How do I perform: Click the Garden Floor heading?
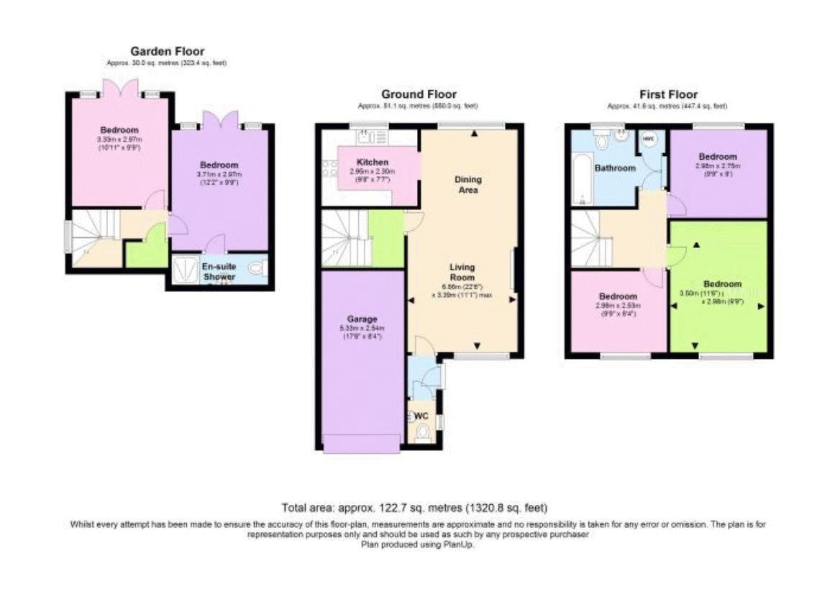(167, 51)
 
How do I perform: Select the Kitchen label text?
(372, 163)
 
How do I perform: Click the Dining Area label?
(468, 185)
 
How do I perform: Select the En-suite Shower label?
(219, 270)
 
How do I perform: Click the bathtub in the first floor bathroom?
(579, 183)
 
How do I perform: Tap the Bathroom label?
(615, 168)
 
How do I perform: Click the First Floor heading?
(668, 94)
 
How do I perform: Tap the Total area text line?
(417, 508)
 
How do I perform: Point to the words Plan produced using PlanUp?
(417, 544)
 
